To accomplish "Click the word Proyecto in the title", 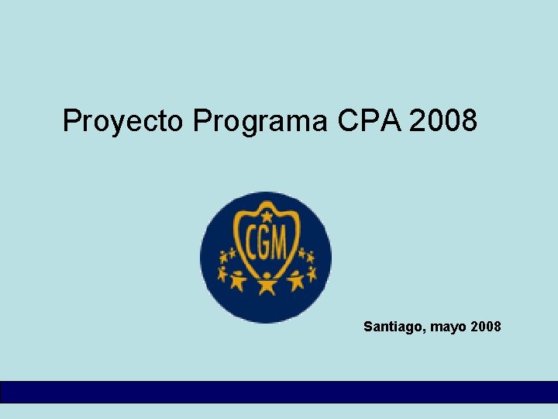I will tap(123, 121).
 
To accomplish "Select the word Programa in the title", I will tap(262, 121).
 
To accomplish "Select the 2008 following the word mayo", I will tap(485, 327).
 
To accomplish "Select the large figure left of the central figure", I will tap(238, 279).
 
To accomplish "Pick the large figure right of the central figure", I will tap(296, 279).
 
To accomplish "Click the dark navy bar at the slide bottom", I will tap(279, 391).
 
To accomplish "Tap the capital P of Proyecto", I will tap(71, 120).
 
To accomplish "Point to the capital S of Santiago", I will tap(368, 327).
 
